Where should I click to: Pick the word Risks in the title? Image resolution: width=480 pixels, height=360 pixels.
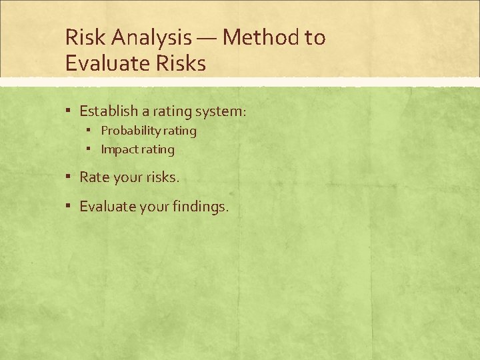pos(181,63)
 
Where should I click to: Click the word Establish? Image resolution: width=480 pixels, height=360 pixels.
pos(109,110)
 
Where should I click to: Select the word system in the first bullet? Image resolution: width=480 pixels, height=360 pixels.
pos(221,110)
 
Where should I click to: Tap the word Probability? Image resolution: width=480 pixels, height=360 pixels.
pos(127,131)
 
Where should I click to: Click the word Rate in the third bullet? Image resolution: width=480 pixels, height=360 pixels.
pos(93,177)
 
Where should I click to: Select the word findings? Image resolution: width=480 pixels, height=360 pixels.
pos(200,207)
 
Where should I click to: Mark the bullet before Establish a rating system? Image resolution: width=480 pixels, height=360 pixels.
pos(69,110)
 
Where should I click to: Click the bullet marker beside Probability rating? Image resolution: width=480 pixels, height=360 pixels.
pos(92,131)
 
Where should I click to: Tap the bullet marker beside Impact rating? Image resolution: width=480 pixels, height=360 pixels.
pos(92,149)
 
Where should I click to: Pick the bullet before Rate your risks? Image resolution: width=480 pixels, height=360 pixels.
pos(69,177)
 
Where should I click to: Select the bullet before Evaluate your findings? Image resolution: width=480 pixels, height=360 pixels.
pos(69,207)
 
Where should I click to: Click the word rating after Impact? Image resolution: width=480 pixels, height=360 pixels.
pos(157,149)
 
